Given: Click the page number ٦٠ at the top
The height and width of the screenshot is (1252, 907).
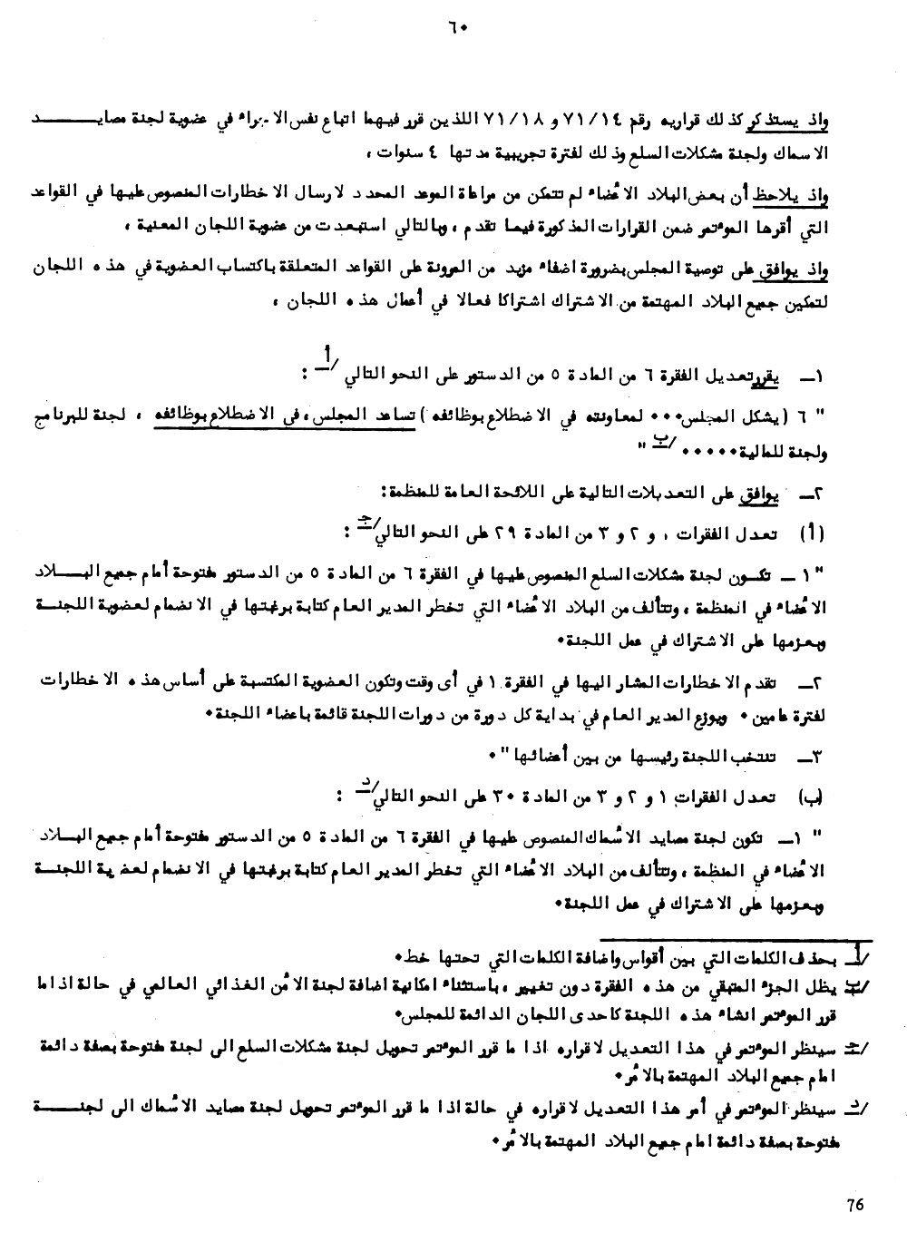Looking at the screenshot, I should click(x=454, y=26).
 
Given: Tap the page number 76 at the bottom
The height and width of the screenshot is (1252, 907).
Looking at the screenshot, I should click(x=853, y=1205).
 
